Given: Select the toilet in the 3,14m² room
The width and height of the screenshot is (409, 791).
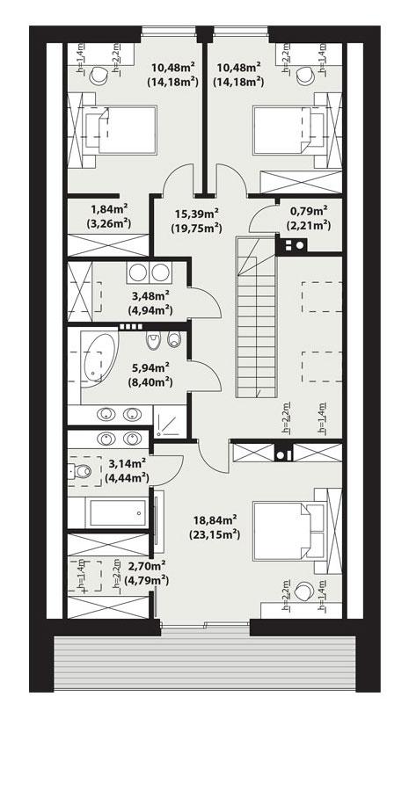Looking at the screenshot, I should (81, 473).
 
